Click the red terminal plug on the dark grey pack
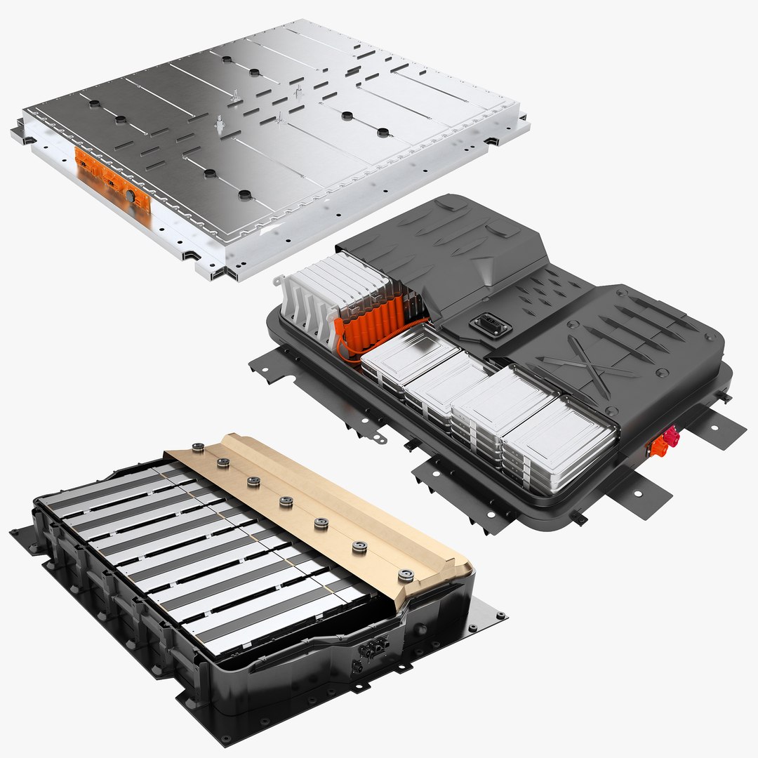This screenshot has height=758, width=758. (x=670, y=437)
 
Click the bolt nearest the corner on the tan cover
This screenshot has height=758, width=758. (x=406, y=576)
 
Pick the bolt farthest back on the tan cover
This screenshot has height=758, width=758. (x=197, y=446)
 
